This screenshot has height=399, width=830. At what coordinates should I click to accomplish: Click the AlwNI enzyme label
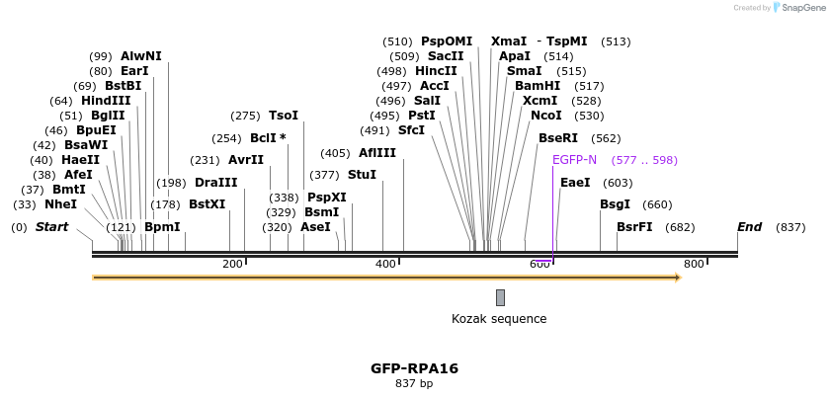point(141,56)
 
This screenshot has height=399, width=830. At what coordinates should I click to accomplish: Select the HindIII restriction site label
point(106,101)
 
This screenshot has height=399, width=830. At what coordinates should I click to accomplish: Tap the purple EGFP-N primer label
point(574,160)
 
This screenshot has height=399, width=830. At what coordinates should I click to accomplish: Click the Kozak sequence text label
point(499,319)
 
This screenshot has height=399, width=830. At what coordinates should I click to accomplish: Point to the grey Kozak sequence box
point(500,297)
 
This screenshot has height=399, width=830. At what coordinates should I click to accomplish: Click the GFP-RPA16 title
point(414,368)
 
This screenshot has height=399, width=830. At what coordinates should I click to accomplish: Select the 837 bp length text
point(414,383)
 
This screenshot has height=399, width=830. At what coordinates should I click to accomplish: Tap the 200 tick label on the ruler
point(232,264)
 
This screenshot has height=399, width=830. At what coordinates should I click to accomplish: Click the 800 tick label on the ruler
point(694,264)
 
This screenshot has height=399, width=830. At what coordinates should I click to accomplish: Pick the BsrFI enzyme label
point(634,227)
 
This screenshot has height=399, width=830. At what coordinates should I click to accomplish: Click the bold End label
point(749,227)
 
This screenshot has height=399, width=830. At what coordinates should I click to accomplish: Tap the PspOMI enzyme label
point(447,41)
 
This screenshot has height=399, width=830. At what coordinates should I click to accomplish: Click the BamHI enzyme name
point(538,86)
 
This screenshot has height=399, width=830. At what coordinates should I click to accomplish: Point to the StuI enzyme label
point(362,175)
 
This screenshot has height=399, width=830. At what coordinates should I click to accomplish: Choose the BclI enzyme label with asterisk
point(268,138)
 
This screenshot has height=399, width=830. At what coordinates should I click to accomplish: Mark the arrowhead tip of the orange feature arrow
point(680,278)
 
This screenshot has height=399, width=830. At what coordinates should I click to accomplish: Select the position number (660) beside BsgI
point(657,204)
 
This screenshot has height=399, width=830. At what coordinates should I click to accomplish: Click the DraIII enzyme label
point(215,183)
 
